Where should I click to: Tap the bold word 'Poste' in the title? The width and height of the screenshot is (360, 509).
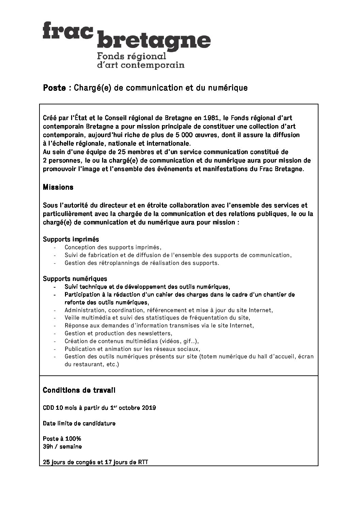tap(54, 88)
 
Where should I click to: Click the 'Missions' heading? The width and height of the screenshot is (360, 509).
tap(58, 187)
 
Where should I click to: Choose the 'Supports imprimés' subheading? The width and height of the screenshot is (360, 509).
tap(71, 239)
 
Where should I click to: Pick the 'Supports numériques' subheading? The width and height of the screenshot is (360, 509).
tap(75, 279)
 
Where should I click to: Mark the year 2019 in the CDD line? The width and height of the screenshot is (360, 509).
tap(149, 408)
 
